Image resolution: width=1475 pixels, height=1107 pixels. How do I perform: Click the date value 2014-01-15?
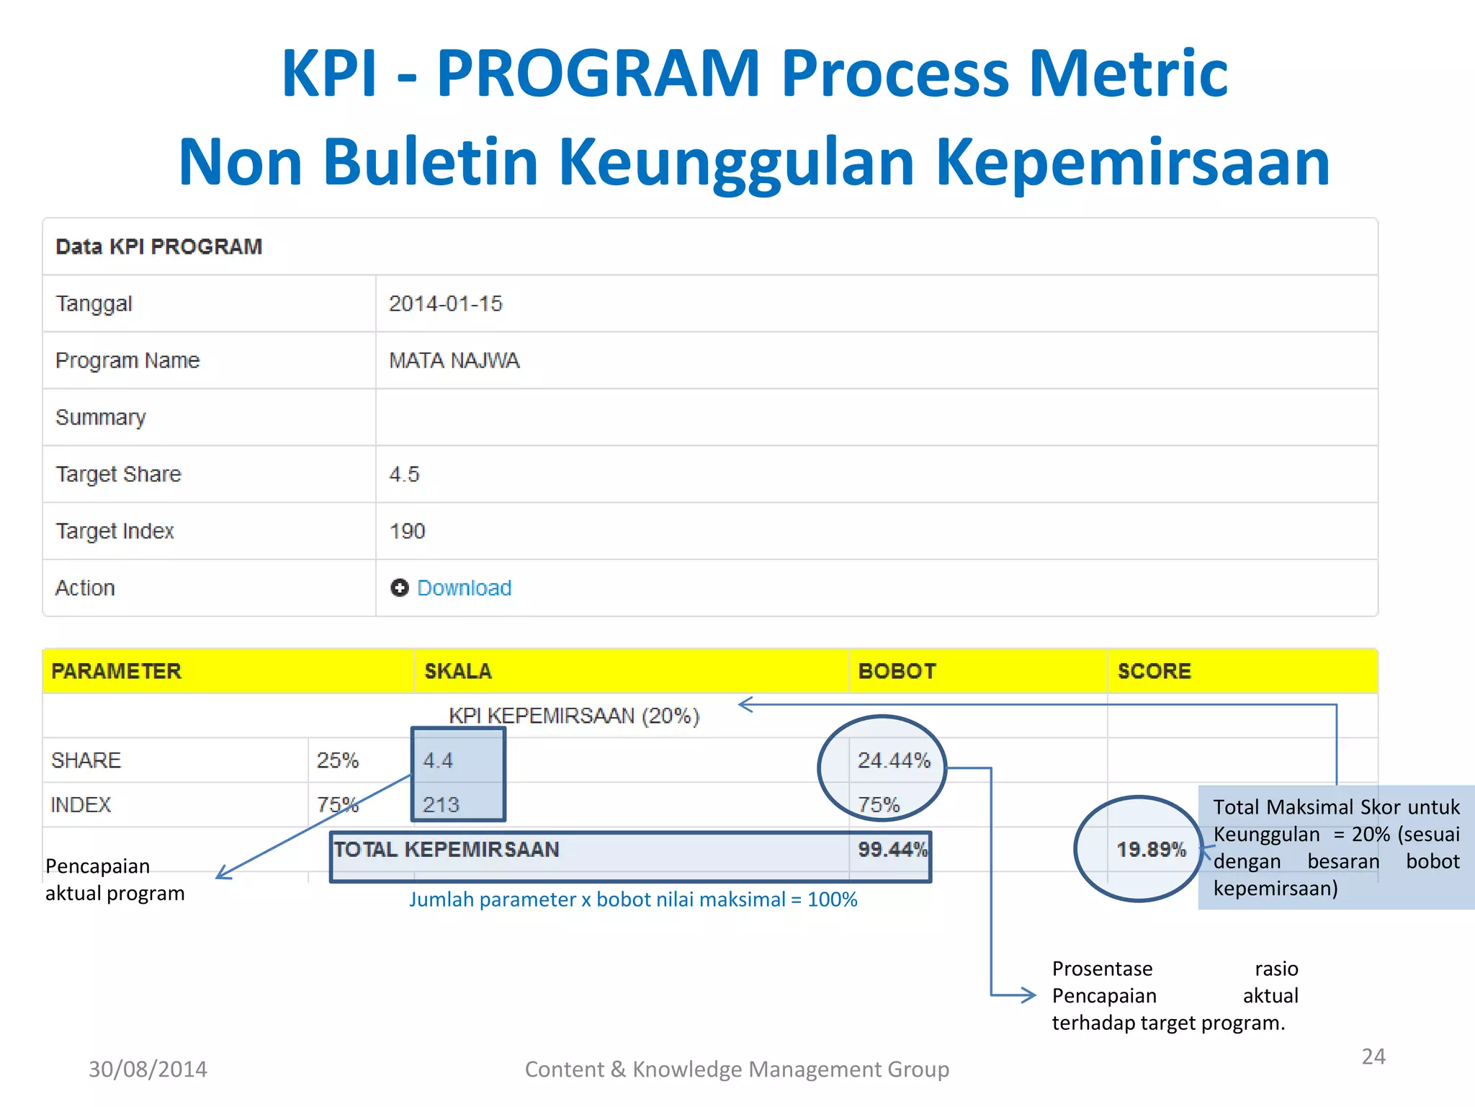pos(445,303)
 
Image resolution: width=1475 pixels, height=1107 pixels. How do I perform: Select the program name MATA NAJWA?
pos(454,360)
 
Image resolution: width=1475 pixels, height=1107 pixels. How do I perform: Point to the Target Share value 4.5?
pos(404,474)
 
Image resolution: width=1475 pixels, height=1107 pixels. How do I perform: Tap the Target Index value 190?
pos(407,531)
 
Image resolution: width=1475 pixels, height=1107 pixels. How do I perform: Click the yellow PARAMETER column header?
pos(116,671)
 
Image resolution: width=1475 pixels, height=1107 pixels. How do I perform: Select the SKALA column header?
pos(458,671)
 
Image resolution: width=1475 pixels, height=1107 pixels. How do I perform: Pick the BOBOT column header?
pos(897,671)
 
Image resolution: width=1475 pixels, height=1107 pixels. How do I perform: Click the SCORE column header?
pos(1154,671)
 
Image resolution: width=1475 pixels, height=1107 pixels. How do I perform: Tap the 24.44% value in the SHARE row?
pos(894,760)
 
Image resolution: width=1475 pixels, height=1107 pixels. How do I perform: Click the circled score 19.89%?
pos(1151,849)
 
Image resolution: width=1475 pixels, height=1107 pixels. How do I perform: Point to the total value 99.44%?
pos(892,849)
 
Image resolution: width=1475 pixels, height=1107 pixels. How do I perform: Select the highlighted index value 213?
pos(441,804)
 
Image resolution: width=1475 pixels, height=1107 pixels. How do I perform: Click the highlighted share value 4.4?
pos(438,760)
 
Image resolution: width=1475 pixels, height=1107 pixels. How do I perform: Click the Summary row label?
pos(101,417)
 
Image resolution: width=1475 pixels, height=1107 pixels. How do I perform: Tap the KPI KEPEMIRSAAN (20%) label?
pos(574,716)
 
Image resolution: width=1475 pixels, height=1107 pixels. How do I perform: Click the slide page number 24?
pos(1373,1057)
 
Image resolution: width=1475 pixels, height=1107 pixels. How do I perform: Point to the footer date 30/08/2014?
pos(148,1069)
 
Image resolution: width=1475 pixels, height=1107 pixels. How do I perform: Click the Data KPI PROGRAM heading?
pos(159,246)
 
